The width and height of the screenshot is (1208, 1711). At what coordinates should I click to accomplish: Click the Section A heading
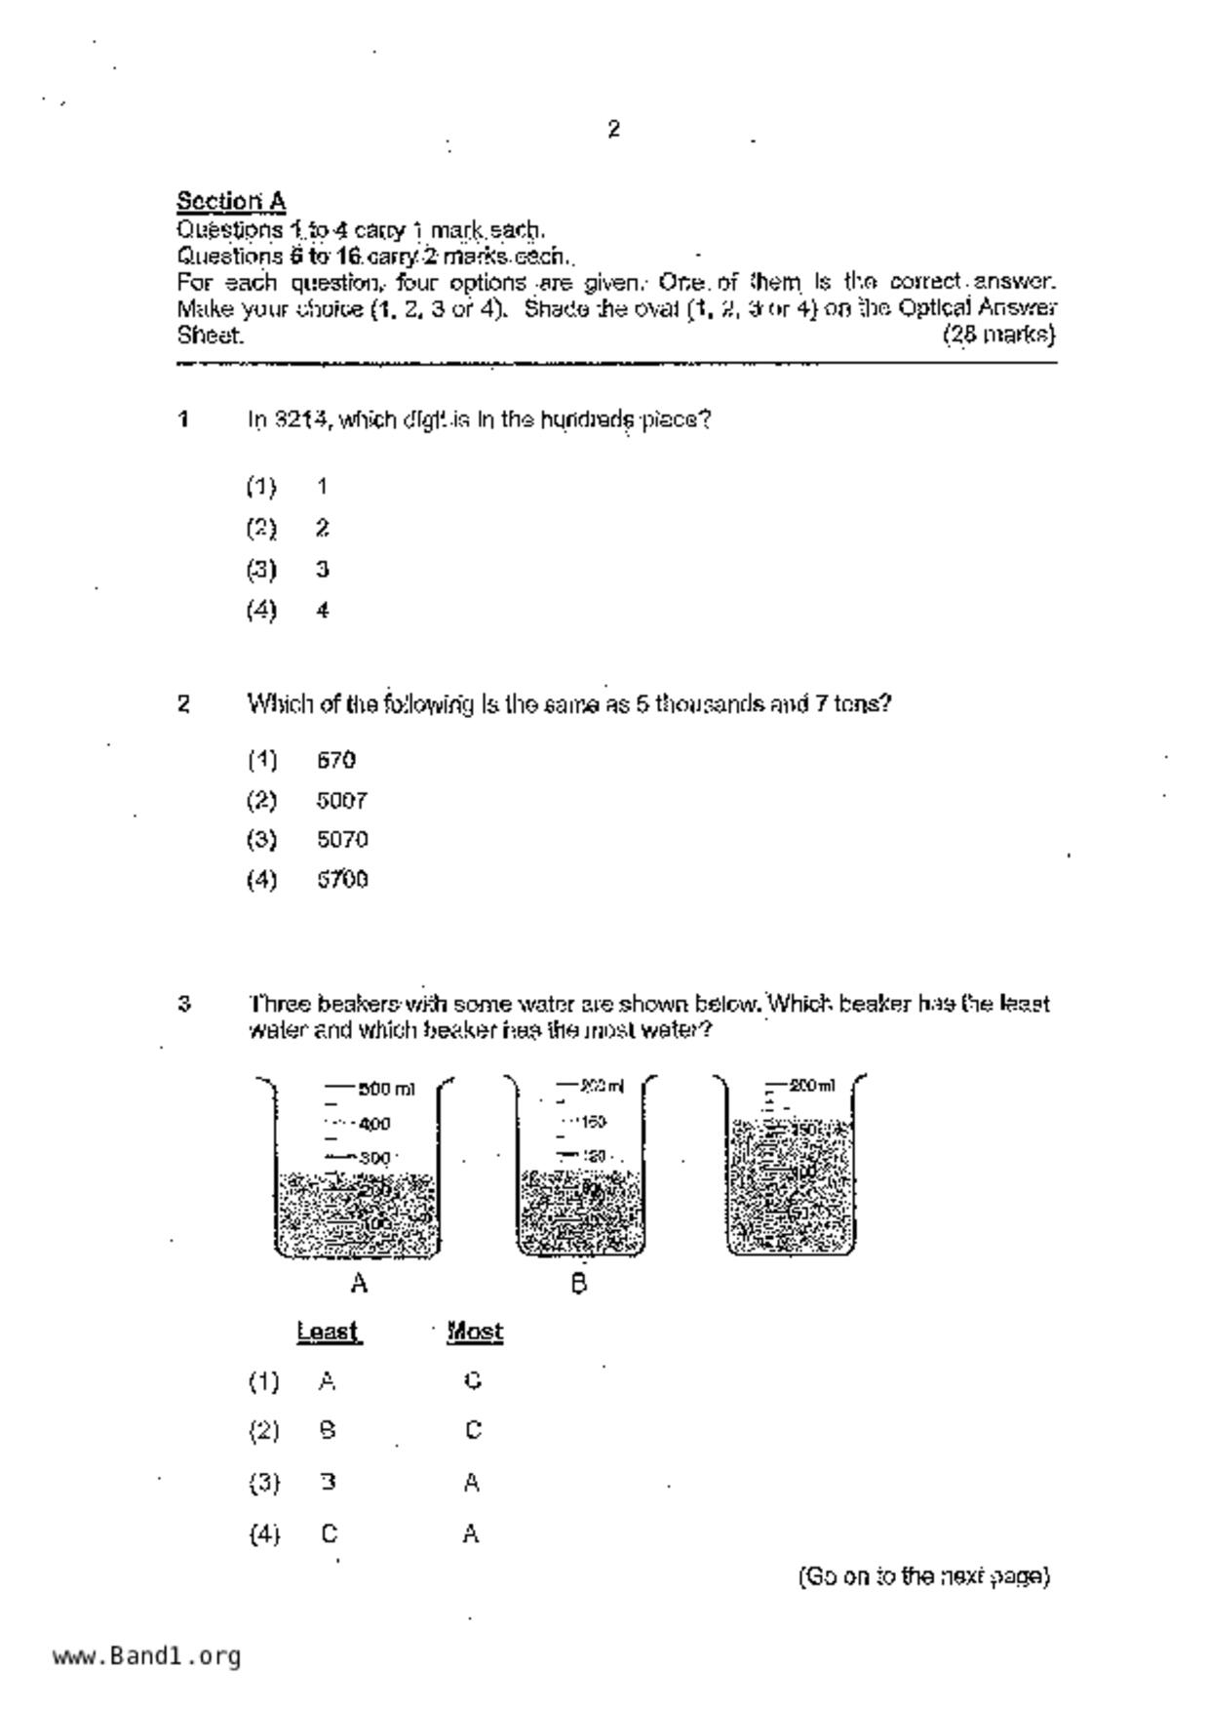[x=230, y=202]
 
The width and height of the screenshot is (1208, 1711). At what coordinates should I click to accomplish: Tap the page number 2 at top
[x=613, y=129]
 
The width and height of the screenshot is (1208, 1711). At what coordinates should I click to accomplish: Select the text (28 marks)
[x=998, y=335]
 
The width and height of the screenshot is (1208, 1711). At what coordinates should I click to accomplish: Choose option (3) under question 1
[x=261, y=569]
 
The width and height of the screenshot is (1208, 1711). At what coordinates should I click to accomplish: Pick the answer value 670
[x=336, y=760]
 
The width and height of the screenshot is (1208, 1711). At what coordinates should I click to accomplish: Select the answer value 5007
[x=341, y=801]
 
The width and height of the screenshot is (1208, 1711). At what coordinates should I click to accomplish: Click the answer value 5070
[x=341, y=840]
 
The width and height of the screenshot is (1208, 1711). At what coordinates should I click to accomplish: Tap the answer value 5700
[x=341, y=880]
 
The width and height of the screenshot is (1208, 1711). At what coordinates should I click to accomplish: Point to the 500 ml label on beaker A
[x=386, y=1089]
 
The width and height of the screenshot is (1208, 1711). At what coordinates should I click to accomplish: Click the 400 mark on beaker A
[x=374, y=1124]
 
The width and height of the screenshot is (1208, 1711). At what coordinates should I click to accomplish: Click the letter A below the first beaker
[x=359, y=1284]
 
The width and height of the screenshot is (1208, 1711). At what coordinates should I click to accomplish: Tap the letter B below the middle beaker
[x=578, y=1284]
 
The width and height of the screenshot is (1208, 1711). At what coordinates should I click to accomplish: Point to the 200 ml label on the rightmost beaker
[x=811, y=1086]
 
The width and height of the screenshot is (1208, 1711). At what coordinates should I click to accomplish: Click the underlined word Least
[x=329, y=1332]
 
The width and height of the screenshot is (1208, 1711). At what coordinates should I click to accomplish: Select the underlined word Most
[x=475, y=1332]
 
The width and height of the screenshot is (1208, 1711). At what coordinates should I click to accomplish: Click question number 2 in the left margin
[x=183, y=703]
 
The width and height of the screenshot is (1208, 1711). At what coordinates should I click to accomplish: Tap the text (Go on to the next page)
[x=923, y=1576]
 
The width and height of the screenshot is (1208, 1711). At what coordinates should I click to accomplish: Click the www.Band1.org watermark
[x=146, y=1656]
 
